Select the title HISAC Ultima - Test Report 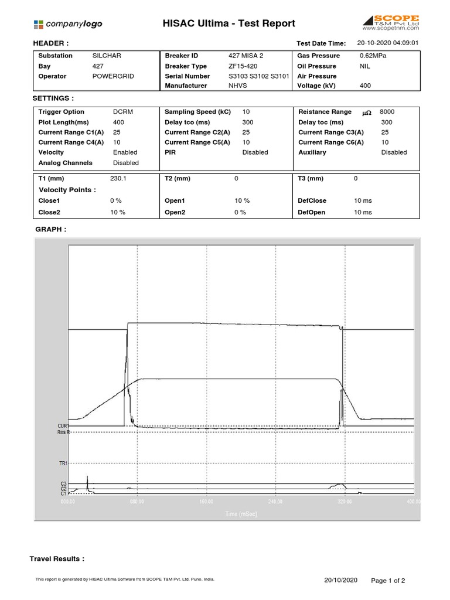[229, 24]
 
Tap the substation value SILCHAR [106, 56]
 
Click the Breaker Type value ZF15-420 [243, 66]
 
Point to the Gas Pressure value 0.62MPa [373, 56]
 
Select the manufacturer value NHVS [238, 86]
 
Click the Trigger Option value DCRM [123, 112]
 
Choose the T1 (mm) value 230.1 [118, 178]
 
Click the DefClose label [312, 200]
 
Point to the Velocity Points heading [67, 190]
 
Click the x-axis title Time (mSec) [240, 514]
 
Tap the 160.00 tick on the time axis [206, 502]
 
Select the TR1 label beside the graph [63, 463]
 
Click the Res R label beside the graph [63, 432]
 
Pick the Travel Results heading [57, 559]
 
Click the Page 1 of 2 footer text [388, 580]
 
